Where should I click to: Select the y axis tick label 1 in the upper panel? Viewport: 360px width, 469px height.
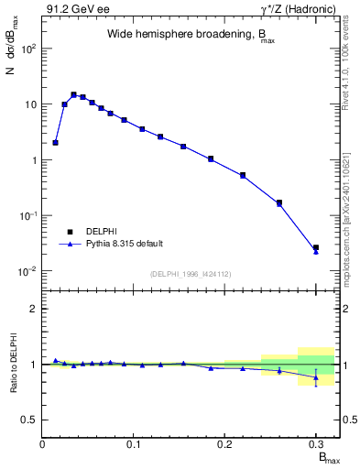click(x=33, y=160)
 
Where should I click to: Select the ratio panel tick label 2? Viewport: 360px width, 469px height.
click(x=33, y=309)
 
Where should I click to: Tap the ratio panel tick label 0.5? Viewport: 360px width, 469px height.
click(x=29, y=420)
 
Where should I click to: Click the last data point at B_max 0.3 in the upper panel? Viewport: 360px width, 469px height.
click(x=315, y=248)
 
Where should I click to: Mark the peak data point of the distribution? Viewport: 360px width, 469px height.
click(x=73, y=94)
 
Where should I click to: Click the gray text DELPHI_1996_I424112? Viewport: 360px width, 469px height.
click(x=190, y=274)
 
